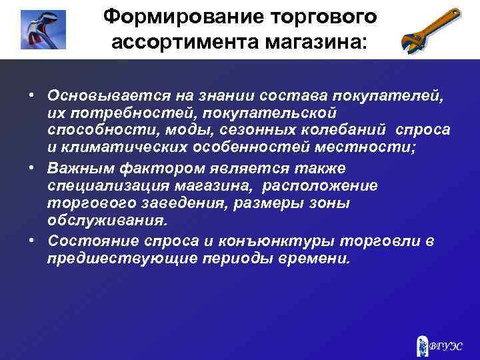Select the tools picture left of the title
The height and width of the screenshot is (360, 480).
43,30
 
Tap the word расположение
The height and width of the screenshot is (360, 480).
321,185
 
